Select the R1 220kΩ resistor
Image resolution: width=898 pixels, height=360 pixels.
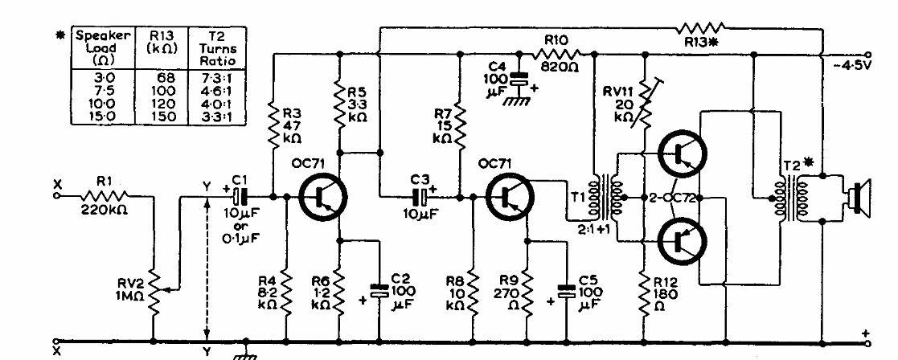[105, 194]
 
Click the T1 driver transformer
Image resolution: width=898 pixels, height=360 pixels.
[608, 197]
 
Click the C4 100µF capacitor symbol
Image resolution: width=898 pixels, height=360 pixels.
[519, 80]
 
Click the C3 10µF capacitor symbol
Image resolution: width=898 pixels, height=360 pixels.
[420, 195]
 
